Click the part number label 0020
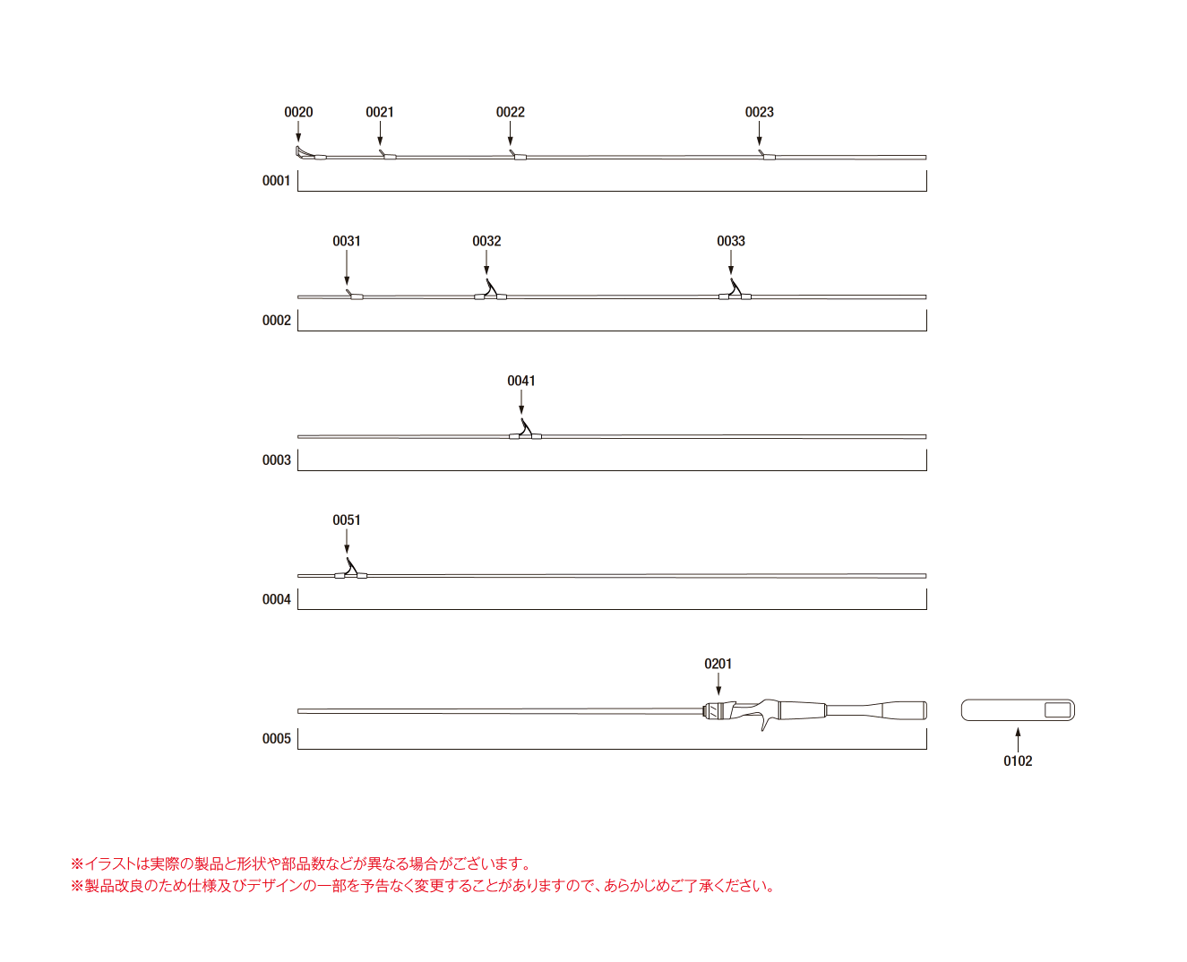pyautogui.click(x=298, y=112)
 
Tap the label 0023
pyautogui.click(x=759, y=112)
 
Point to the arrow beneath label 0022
pyautogui.click(x=510, y=133)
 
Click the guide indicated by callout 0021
pyautogui.click(x=387, y=155)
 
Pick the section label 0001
pyautogui.click(x=277, y=180)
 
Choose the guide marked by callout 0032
pyautogui.click(x=490, y=291)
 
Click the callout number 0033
pyautogui.click(x=731, y=241)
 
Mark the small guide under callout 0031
pyautogui.click(x=355, y=295)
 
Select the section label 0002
pyautogui.click(x=277, y=321)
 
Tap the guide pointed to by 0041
pyautogui.click(x=525, y=431)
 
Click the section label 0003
pyautogui.click(x=277, y=460)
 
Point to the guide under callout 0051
pyautogui.click(x=350, y=570)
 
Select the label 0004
pyautogui.click(x=277, y=599)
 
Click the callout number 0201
pyautogui.click(x=718, y=664)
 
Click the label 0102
pyautogui.click(x=1018, y=760)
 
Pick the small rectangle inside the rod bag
pyautogui.click(x=1057, y=709)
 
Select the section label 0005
pyautogui.click(x=277, y=739)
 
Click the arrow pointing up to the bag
pyautogui.click(x=1018, y=740)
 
